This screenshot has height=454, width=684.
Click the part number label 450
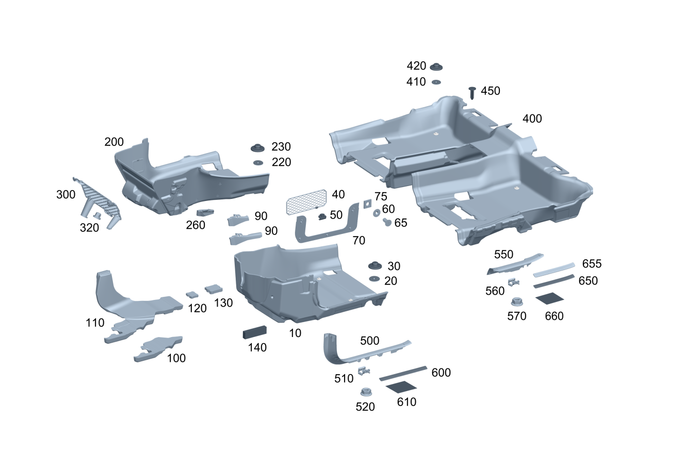pos(490,91)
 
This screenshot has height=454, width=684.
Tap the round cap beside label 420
pos(436,66)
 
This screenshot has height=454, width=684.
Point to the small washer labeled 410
pos(436,82)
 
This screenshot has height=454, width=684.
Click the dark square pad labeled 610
pos(401,386)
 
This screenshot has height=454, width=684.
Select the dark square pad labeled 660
pos(549,298)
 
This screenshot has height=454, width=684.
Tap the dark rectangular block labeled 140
pos(255,332)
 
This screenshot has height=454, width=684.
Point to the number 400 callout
pos(532,119)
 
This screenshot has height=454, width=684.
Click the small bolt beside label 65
pos(386,222)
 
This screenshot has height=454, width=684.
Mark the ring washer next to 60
pos(377,212)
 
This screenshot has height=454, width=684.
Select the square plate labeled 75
pos(367,203)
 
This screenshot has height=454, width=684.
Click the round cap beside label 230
pos(257,147)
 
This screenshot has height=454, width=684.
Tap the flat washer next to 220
pos(257,163)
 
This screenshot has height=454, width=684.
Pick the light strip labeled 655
pos(553,269)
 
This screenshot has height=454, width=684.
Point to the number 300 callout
pos(66,194)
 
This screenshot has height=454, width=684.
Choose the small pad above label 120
pos(192,294)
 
